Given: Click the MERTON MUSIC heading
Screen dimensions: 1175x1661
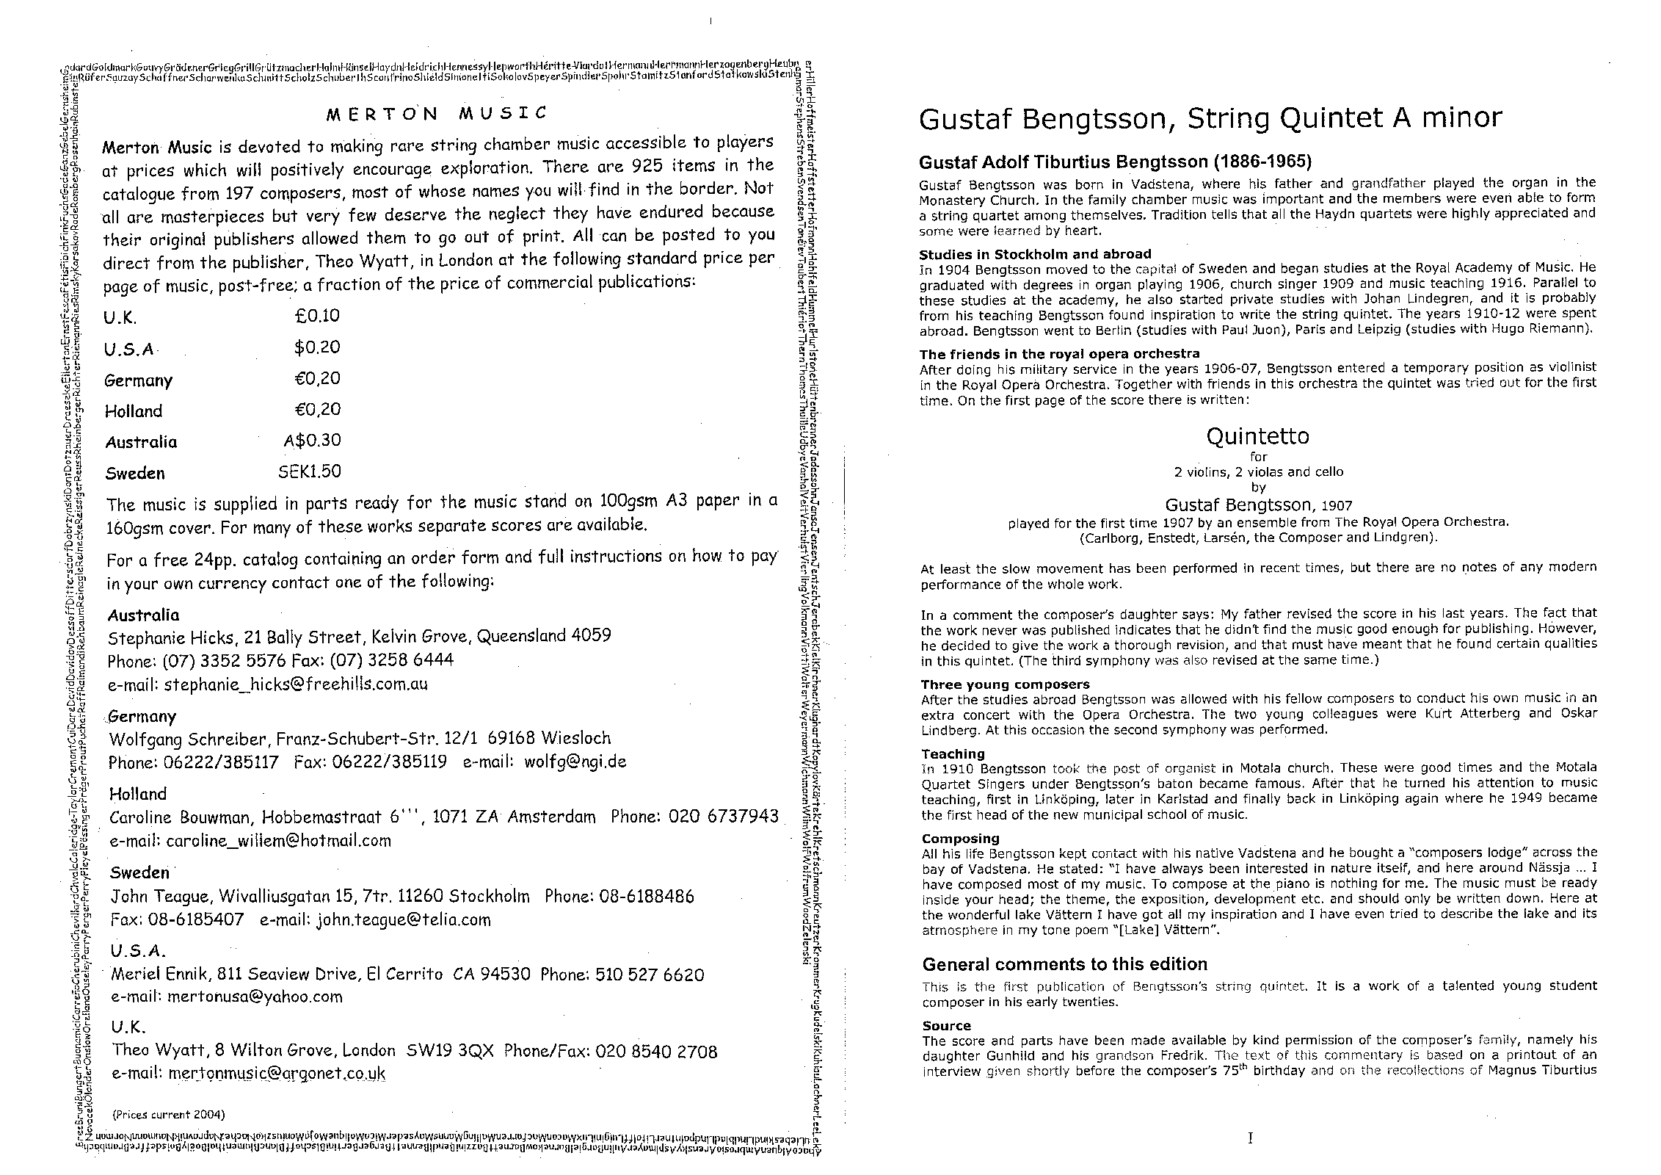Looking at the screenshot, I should click(437, 114).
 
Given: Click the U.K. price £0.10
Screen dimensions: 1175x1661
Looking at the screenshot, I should click(317, 316).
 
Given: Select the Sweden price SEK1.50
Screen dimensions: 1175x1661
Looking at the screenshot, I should click(310, 471).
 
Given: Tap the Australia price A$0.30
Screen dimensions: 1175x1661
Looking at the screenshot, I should click(312, 441).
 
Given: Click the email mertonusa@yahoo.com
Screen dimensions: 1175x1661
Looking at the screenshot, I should click(255, 997).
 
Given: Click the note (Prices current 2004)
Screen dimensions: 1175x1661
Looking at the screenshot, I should click(169, 1114).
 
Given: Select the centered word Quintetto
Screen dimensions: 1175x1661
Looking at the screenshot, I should click(1257, 437).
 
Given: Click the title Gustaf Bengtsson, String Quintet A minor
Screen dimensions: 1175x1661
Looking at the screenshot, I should click(1210, 118).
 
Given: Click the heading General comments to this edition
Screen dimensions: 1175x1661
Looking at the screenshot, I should click(1064, 964).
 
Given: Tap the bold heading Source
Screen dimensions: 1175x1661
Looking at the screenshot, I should click(946, 1026).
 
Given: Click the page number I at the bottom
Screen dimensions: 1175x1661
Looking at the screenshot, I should click(1250, 1139).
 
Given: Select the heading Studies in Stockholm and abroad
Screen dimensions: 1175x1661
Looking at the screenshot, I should click(1035, 254).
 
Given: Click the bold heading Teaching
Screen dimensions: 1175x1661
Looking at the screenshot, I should click(953, 754).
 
